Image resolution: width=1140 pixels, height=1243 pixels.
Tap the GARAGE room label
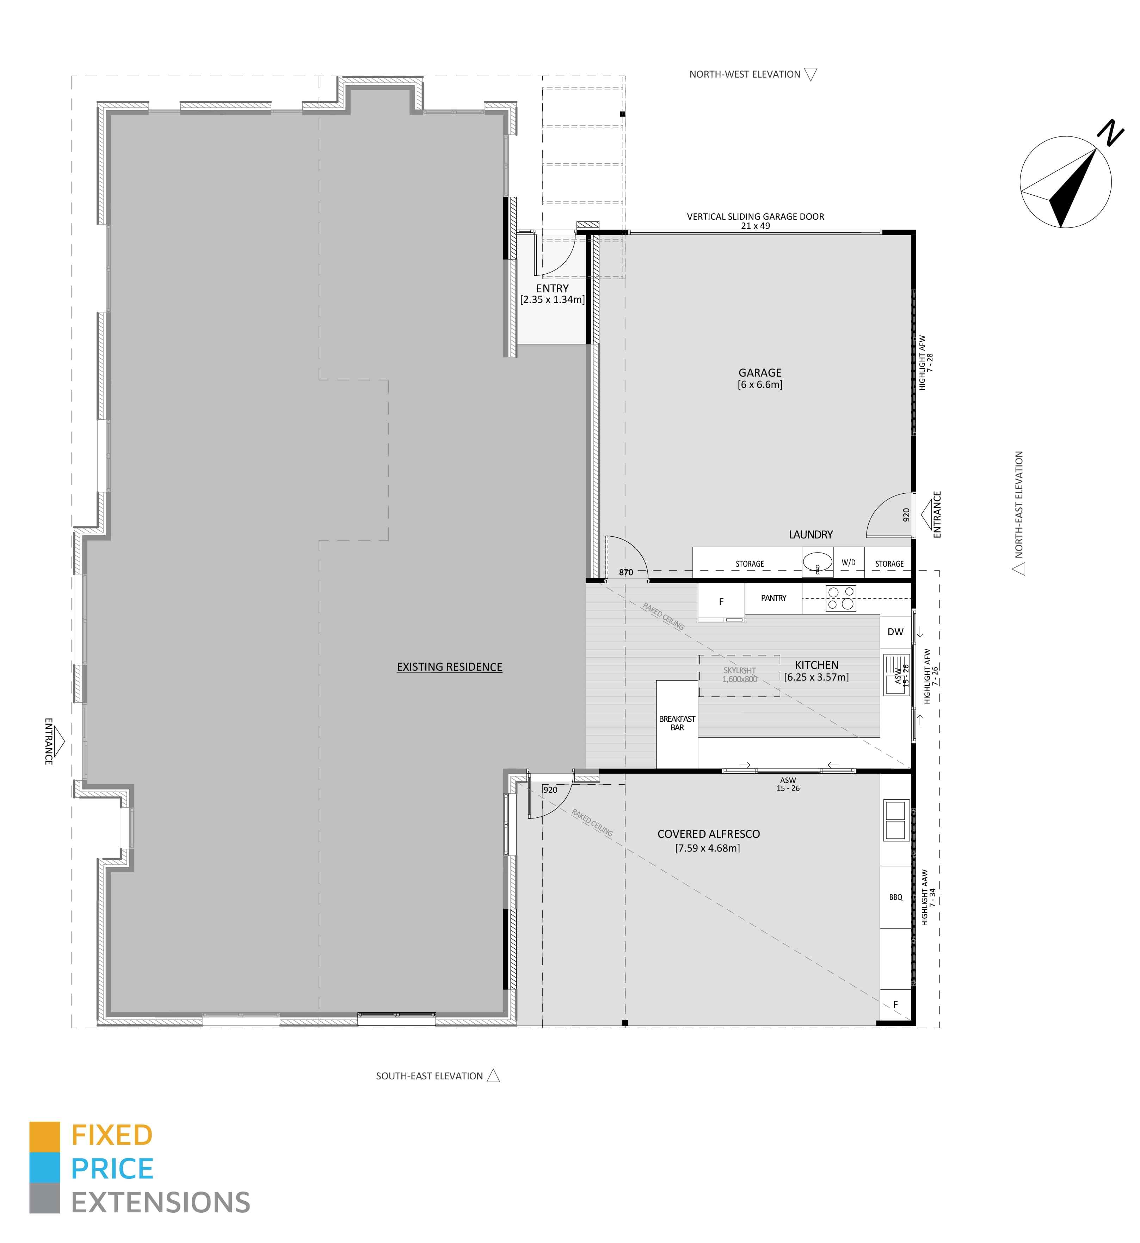[760, 373]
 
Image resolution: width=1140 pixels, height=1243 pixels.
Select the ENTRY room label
[552, 288]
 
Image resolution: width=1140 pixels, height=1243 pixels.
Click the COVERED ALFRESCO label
[708, 834]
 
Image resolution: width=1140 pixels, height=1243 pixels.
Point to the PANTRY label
[774, 598]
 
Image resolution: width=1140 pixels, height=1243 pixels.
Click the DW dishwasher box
[896, 632]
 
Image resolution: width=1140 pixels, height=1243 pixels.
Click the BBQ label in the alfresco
[896, 897]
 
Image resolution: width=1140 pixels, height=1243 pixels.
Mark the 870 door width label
[626, 572]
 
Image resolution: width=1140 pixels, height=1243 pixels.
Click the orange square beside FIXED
[44, 1137]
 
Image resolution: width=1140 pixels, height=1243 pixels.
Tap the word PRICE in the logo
[112, 1169]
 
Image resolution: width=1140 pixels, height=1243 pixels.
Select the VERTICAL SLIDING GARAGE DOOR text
[756, 217]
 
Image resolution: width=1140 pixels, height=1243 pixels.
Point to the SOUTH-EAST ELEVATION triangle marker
[493, 1076]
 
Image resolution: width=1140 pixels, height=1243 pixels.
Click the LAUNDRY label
[811, 535]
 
